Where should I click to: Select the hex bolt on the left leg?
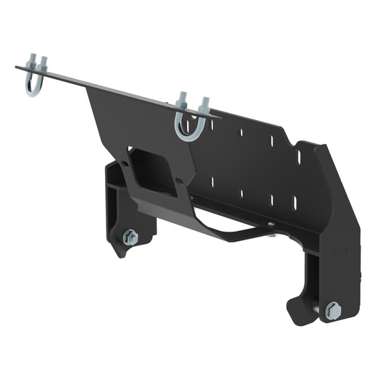point(130,237)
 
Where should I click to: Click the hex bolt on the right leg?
point(332,310)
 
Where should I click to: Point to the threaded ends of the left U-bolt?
point(37,64)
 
